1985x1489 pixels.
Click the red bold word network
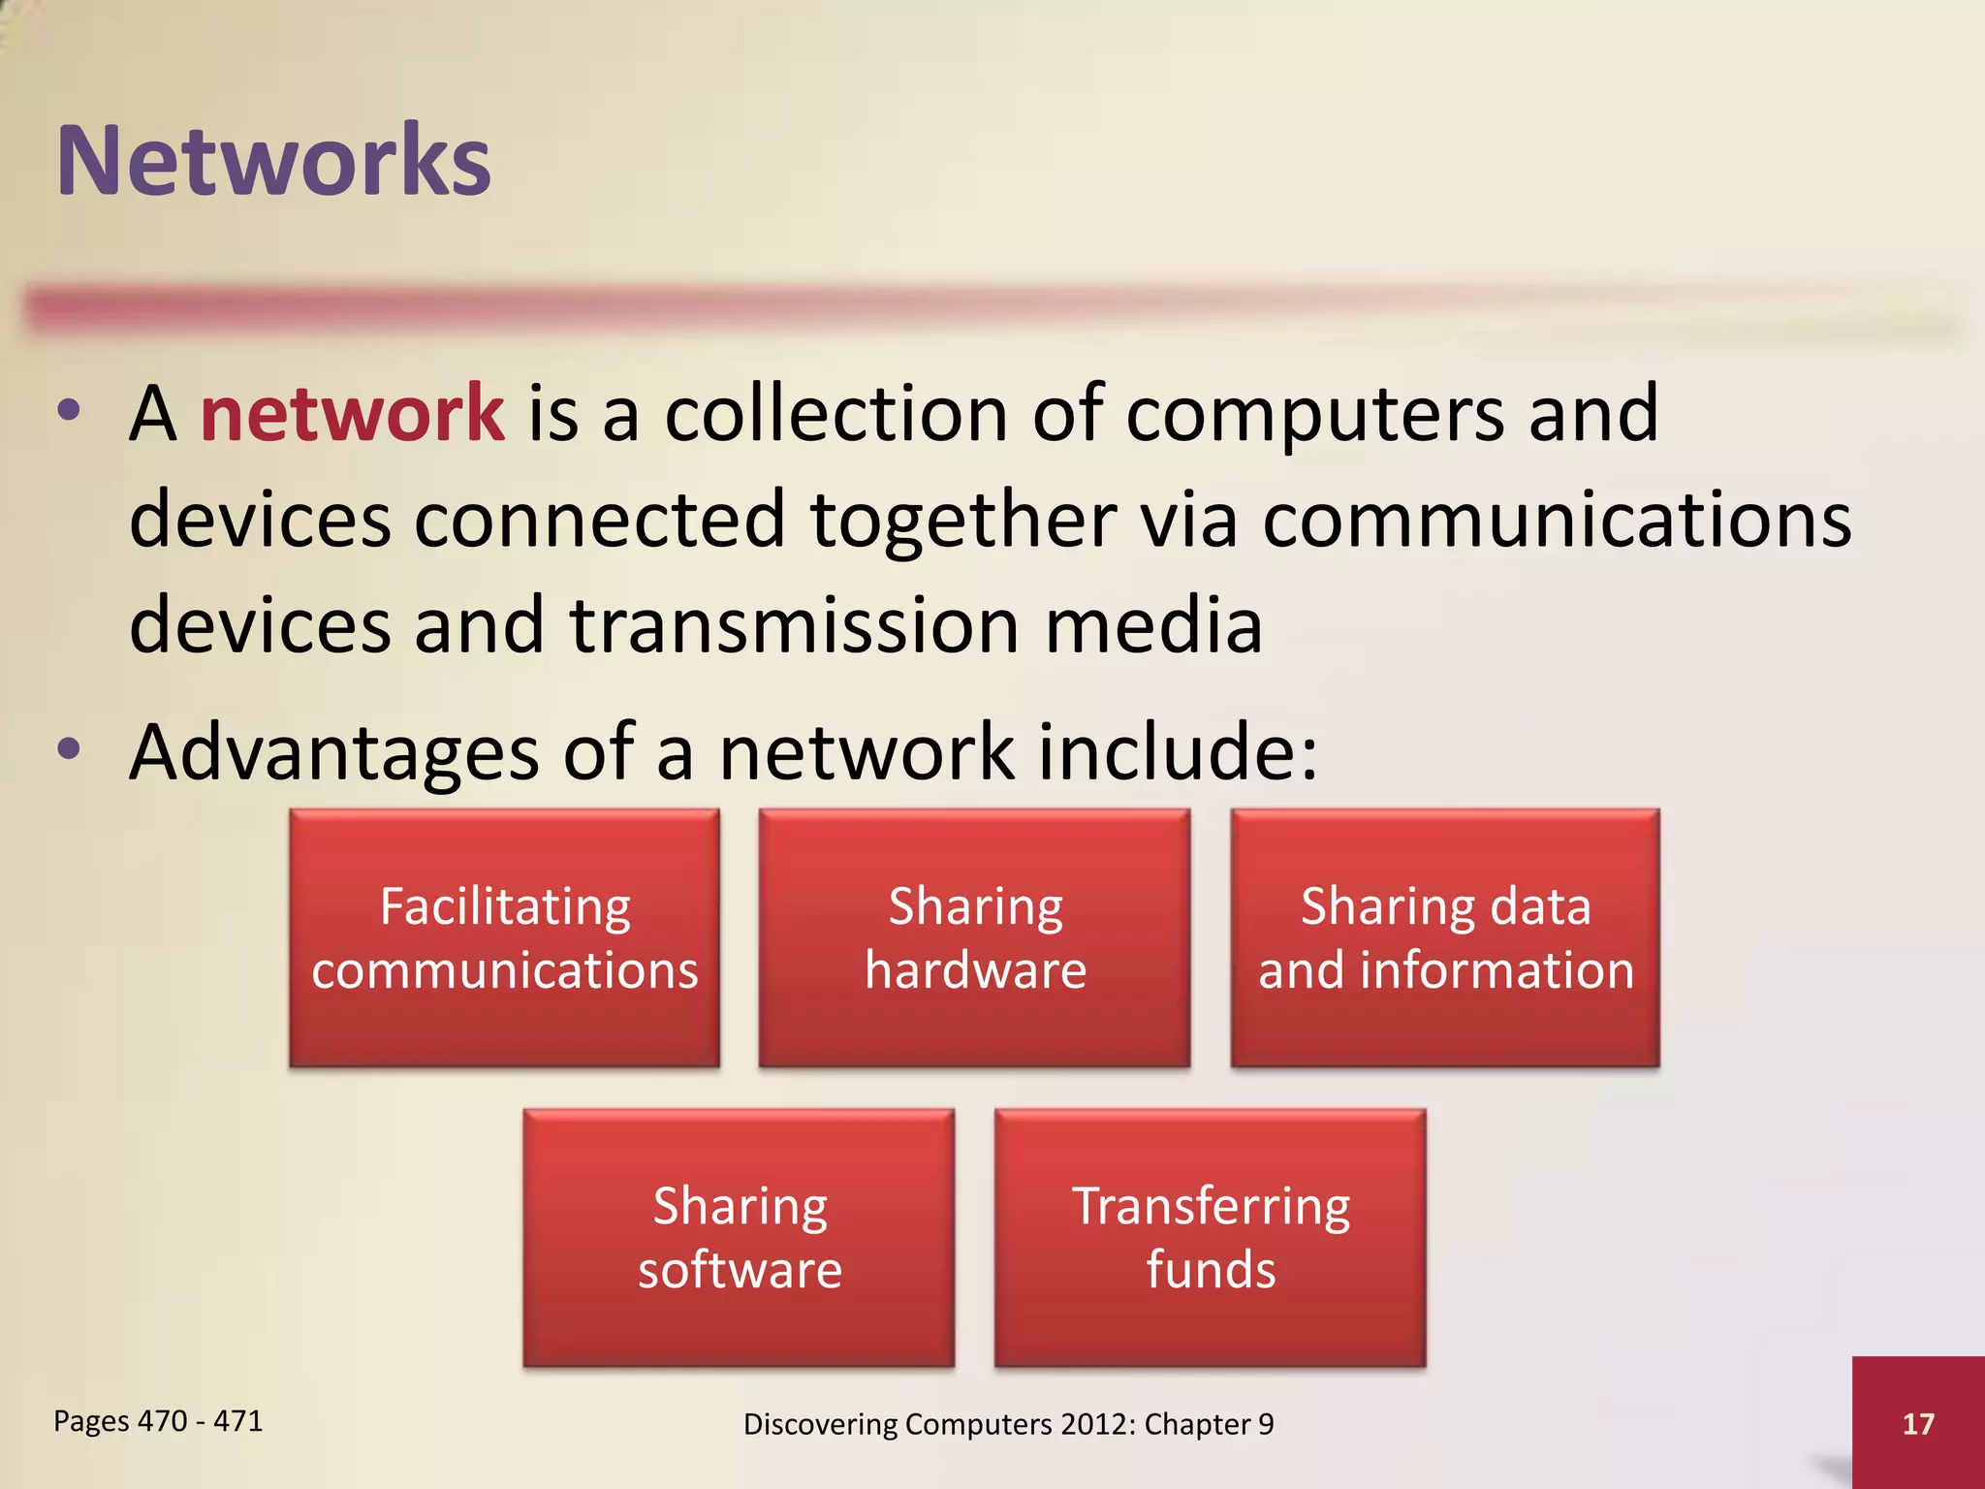coord(352,414)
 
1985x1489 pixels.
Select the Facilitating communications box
coord(504,938)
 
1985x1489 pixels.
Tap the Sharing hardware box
coord(974,938)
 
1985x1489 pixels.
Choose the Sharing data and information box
coord(1445,938)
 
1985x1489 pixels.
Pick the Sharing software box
coord(740,1238)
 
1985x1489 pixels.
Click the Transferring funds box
coord(1211,1238)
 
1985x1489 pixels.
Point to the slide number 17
coord(1917,1424)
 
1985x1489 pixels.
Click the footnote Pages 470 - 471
coord(158,1421)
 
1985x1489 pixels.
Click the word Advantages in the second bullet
coord(334,754)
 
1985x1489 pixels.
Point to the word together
coord(962,521)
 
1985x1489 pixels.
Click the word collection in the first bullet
coord(836,414)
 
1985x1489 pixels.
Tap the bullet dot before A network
coord(68,411)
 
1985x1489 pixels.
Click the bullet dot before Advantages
coord(68,749)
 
